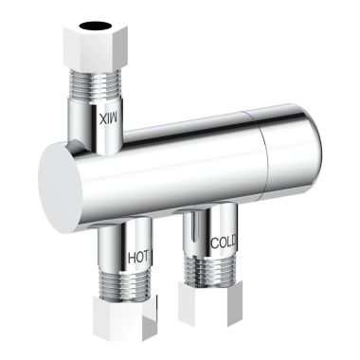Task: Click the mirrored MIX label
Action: [109, 118]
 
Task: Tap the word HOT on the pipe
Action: [138, 258]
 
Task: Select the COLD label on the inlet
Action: [223, 243]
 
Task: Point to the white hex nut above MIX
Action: [96, 45]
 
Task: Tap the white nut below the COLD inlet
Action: [210, 303]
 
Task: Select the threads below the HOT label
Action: [126, 282]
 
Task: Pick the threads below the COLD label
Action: [210, 269]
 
